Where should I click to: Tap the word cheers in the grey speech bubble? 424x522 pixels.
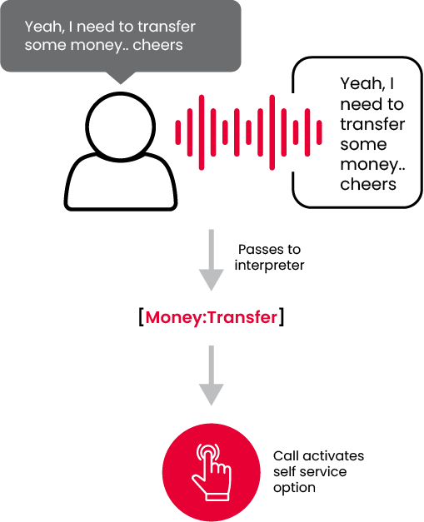pyautogui.click(x=157, y=45)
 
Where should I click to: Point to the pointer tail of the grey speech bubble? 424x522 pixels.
pyautogui.click(x=121, y=78)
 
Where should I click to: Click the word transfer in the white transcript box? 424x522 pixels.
pyautogui.click(x=372, y=124)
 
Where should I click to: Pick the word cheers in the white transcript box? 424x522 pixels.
pyautogui.click(x=368, y=184)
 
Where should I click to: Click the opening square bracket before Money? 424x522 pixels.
pyautogui.click(x=142, y=317)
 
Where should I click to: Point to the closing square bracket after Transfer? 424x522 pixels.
pyautogui.click(x=282, y=317)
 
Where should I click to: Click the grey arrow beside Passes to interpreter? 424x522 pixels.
pyautogui.click(x=212, y=260)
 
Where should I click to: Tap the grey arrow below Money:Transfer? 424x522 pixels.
pyautogui.click(x=212, y=375)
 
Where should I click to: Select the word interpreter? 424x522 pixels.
pyautogui.click(x=269, y=266)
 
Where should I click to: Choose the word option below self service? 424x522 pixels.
pyautogui.click(x=294, y=488)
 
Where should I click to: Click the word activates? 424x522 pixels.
pyautogui.click(x=333, y=455)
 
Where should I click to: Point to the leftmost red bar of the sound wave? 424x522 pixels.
pyautogui.click(x=178, y=132)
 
